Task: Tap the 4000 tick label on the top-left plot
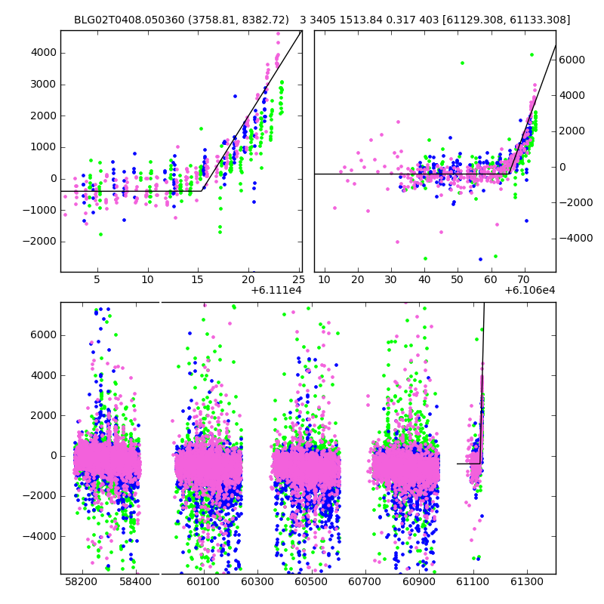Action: point(42,53)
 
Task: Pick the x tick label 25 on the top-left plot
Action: point(297,280)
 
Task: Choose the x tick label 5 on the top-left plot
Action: point(97,280)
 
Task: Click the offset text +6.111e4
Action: point(276,290)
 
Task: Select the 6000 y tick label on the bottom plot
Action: point(42,335)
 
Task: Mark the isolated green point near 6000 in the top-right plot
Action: point(462,63)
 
